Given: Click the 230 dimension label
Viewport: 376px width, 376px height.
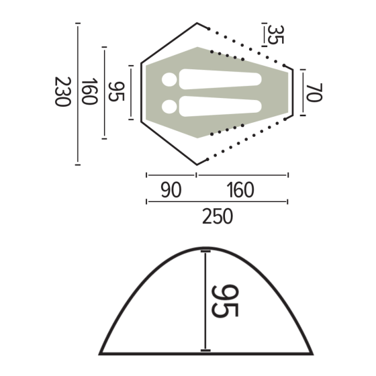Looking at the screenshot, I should (x=61, y=93).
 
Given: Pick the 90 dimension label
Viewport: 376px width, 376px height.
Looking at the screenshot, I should (x=171, y=191).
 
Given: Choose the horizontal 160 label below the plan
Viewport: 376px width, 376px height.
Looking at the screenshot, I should (x=240, y=191).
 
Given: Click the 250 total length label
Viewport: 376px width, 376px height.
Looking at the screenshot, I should (x=217, y=217).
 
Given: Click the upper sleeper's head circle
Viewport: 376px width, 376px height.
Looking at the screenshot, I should (x=170, y=80).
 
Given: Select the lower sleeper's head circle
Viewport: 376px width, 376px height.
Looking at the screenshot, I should (x=170, y=105).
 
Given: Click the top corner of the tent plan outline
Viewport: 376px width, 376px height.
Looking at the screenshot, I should (x=197, y=23).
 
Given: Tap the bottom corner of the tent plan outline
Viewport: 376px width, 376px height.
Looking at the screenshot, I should (x=197, y=163).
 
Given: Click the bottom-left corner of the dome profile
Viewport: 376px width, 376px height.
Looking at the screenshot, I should (x=101, y=352).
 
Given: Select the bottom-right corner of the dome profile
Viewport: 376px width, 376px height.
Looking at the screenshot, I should (x=312, y=352).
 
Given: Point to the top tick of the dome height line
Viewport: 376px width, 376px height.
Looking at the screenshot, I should (x=205, y=251).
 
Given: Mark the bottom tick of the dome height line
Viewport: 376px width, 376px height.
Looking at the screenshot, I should (x=205, y=351).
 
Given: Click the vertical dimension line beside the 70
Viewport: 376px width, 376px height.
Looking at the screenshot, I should (x=303, y=93).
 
